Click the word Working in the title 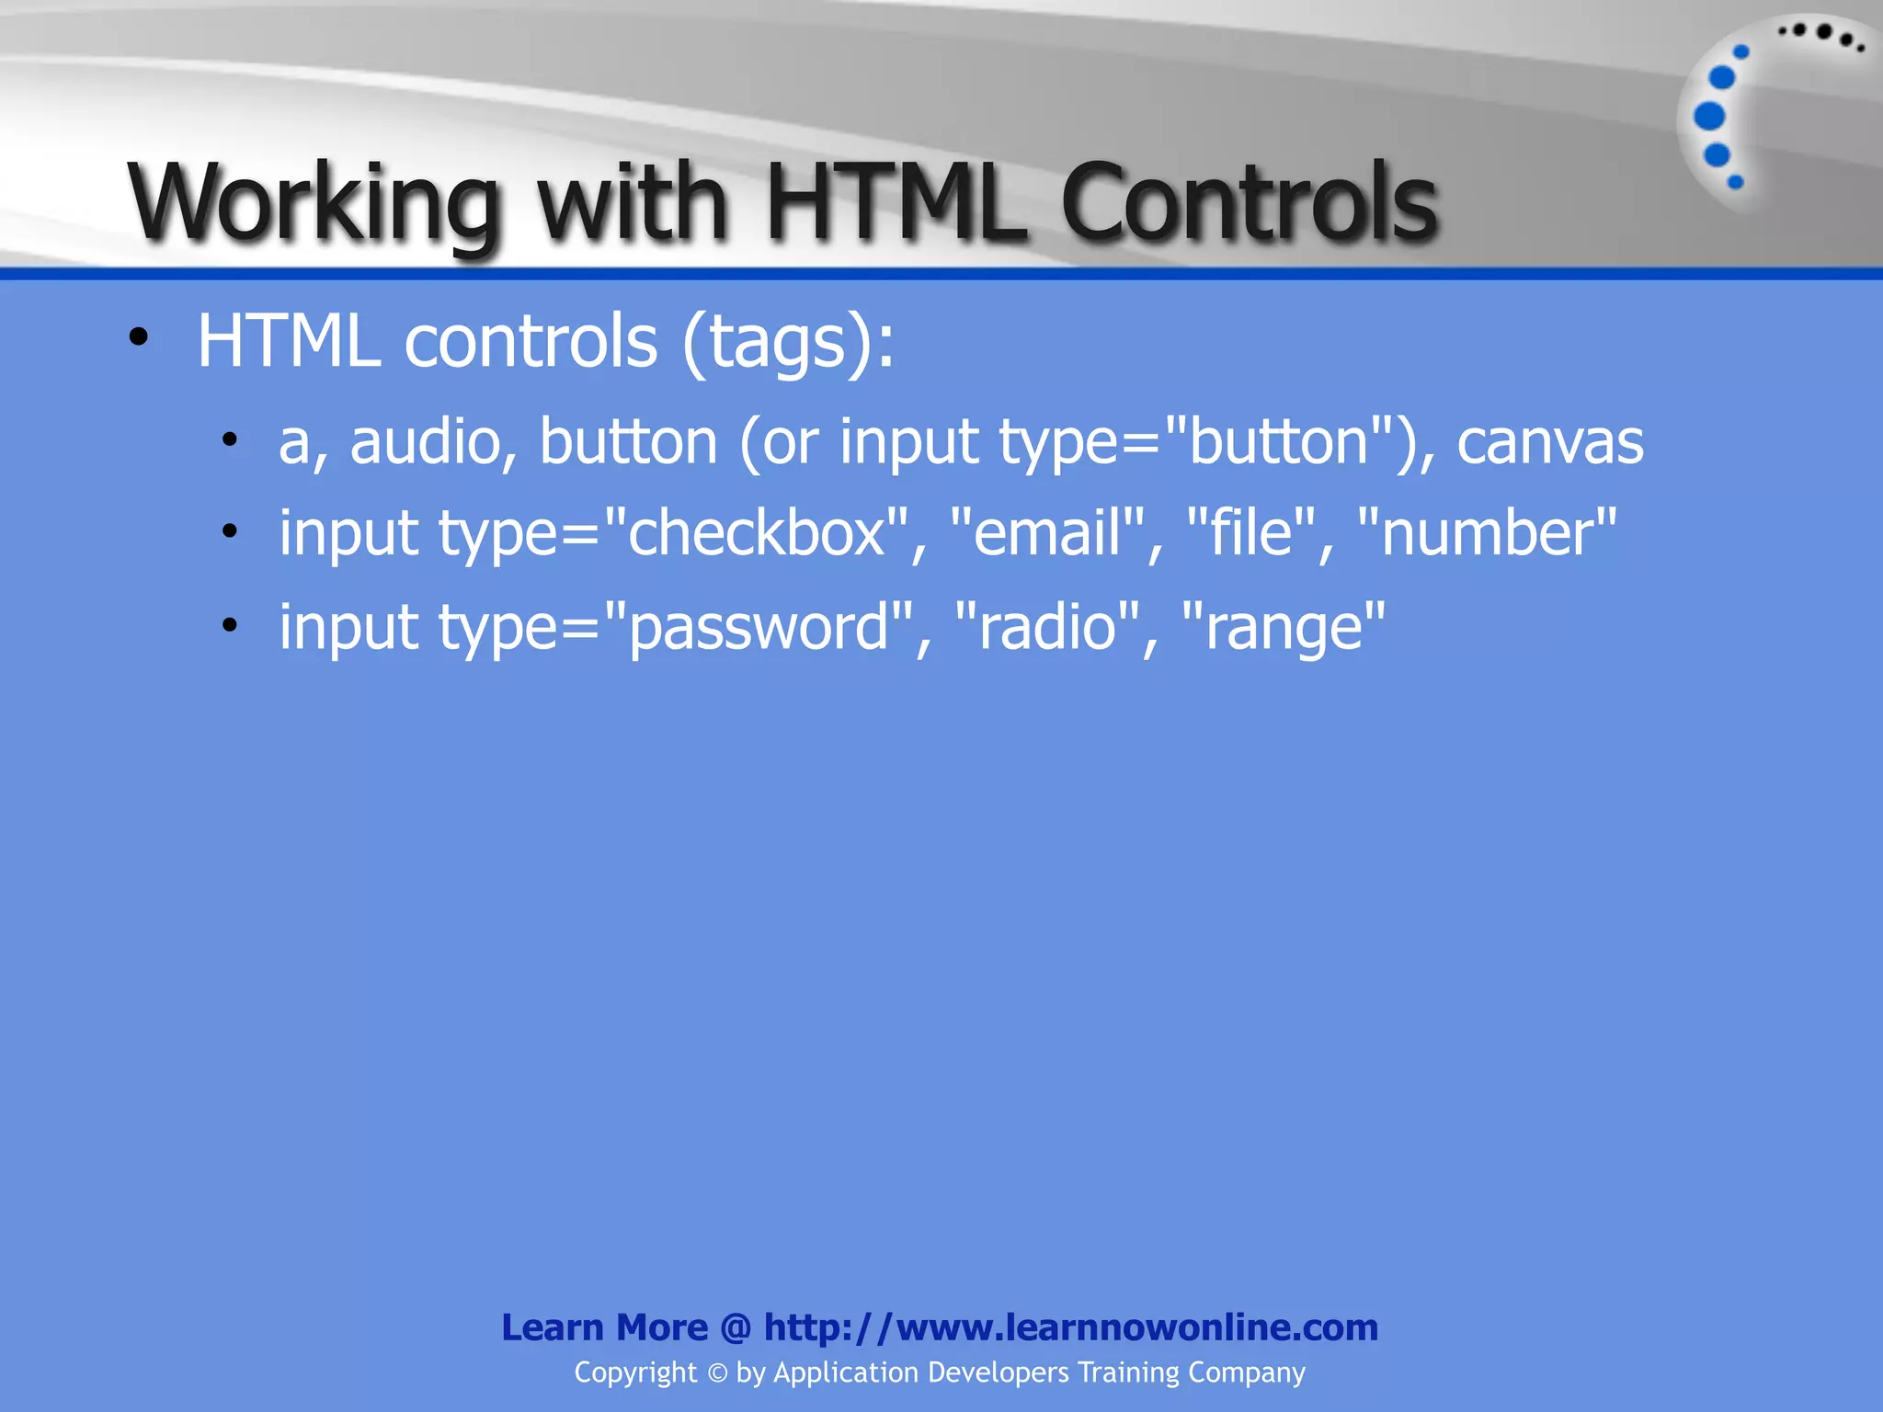[313, 202]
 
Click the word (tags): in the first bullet [788, 342]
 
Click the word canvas [1550, 442]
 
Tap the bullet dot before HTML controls [138, 337]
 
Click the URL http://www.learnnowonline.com [1070, 1327]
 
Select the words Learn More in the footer [604, 1327]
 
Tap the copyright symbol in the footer [717, 1373]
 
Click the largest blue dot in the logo [1709, 116]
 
